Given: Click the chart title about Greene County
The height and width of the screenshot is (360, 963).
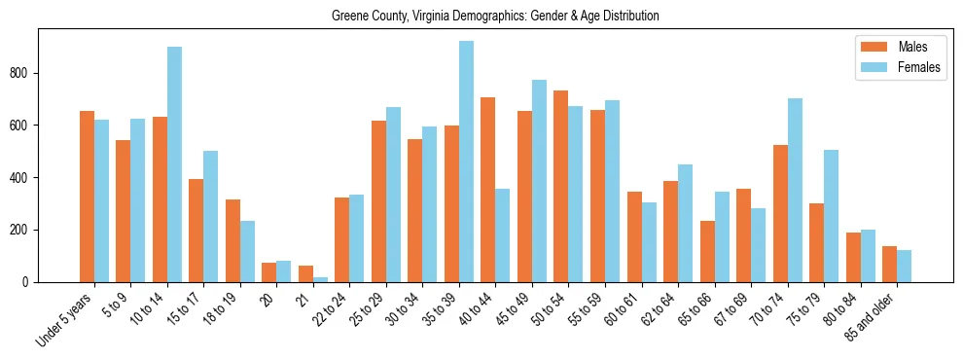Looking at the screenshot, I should pyautogui.click(x=495, y=16).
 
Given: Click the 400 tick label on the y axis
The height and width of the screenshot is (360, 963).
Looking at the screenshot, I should pyautogui.click(x=24, y=178).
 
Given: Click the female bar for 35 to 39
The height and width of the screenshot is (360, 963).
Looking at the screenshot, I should pyautogui.click(x=467, y=162).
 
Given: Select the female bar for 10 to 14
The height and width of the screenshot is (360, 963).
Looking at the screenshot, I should pyautogui.click(x=175, y=164).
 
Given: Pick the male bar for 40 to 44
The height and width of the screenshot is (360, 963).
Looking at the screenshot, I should pyautogui.click(x=488, y=190).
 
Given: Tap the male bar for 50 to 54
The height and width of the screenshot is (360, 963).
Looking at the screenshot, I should pyautogui.click(x=561, y=186).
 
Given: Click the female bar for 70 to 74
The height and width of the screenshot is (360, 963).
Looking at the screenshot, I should pyautogui.click(x=795, y=190).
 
